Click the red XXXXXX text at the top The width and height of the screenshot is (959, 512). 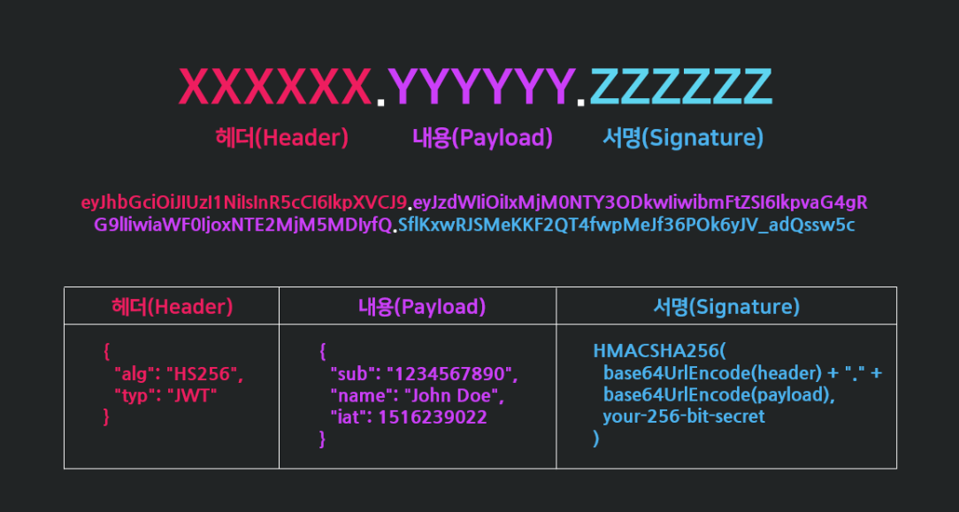point(275,87)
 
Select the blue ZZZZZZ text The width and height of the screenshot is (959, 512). point(680,87)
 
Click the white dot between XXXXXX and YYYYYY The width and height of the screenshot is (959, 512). point(380,103)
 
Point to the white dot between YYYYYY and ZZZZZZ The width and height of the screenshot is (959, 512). point(581,103)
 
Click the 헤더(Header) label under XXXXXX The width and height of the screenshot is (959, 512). point(281,138)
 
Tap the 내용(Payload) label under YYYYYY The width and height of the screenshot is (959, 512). point(482,138)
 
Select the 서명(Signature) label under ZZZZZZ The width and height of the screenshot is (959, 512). point(682,138)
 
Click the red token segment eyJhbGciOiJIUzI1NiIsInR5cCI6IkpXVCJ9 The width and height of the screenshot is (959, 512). point(243,203)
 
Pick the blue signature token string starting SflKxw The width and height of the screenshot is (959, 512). point(626,225)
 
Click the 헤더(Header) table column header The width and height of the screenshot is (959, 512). point(172,307)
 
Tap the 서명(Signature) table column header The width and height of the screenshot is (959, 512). point(725,307)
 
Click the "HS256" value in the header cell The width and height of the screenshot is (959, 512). point(204,374)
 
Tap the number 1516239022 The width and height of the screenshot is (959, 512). point(433,416)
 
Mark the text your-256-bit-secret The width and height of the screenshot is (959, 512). point(683,416)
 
